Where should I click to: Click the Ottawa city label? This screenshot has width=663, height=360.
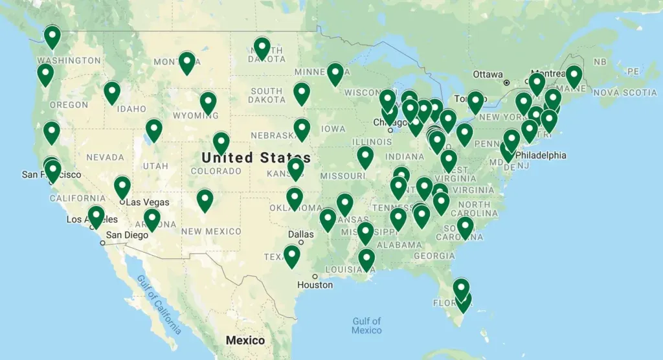(488, 74)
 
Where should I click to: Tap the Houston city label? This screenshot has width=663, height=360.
(316, 285)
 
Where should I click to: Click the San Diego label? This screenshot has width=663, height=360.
(128, 235)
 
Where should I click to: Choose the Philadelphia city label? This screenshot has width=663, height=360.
(541, 155)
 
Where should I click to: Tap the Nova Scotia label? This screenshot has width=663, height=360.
(624, 93)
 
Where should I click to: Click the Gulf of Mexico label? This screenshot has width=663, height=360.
(366, 326)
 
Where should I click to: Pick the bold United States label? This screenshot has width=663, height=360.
(256, 157)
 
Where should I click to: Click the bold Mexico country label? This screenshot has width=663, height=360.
(245, 340)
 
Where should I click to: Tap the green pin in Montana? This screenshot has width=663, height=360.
(187, 62)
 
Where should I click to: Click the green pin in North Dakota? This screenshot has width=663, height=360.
(262, 47)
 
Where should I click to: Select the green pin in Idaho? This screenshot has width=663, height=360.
(112, 92)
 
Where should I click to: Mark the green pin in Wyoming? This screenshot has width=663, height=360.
(208, 102)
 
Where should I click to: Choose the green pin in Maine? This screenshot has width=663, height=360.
(574, 76)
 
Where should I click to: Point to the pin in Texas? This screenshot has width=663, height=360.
(292, 256)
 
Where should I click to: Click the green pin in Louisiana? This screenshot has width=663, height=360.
(366, 259)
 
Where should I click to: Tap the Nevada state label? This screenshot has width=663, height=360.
(105, 157)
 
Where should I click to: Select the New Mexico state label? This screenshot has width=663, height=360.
(211, 231)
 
